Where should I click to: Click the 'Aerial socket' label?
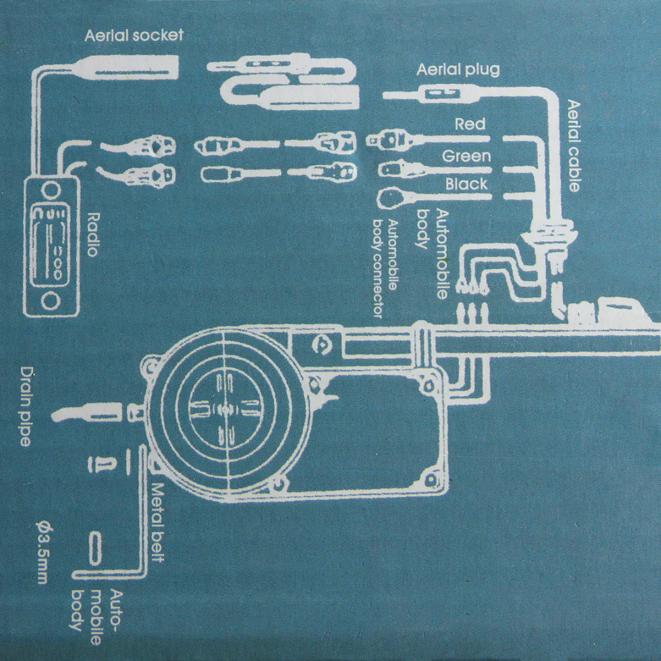133,34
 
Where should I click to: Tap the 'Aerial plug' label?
458,69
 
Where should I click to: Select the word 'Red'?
470,125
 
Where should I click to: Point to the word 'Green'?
466,156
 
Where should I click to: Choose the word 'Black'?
466,184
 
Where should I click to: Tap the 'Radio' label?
93,234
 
